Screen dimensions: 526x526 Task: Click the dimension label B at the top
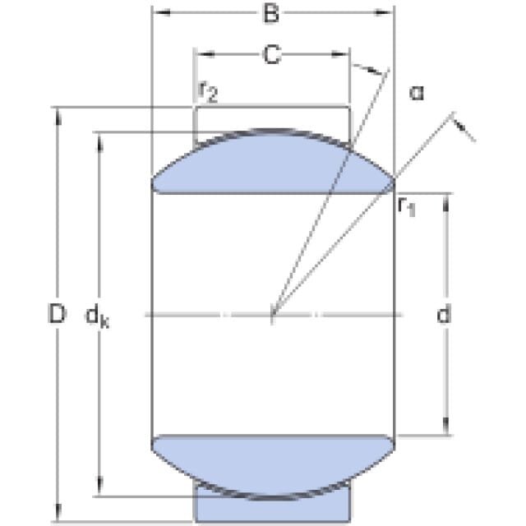pos(271,14)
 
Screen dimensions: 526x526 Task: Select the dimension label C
pos(272,55)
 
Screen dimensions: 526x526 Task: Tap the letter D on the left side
pos(57,314)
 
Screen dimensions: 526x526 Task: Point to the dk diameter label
pos(97,316)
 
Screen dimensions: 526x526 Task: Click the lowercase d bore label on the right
pos(444,314)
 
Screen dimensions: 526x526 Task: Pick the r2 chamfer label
pos(208,92)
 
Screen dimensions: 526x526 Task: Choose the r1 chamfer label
pos(407,206)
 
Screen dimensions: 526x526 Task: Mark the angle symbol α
pos(417,93)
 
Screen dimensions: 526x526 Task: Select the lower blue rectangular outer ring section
pos(272,506)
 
